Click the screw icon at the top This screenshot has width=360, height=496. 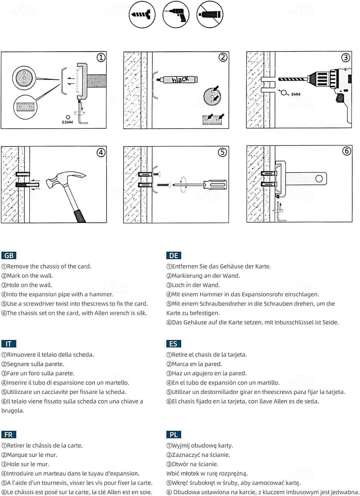point(142,15)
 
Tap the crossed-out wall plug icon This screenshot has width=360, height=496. point(210,15)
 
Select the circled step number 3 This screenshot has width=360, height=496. point(345,58)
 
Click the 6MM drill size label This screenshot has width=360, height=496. point(296,94)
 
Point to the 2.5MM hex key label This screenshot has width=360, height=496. point(67,122)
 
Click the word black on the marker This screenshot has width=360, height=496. point(180,79)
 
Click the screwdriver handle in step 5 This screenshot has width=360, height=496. point(215,185)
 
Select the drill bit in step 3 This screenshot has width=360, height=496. point(293,79)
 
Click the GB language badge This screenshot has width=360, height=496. point(9,256)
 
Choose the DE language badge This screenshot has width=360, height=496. point(174,256)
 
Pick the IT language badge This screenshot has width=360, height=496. point(9,344)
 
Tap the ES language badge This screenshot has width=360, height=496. point(173,344)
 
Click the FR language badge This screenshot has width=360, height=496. point(9,435)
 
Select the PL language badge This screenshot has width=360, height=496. point(174,435)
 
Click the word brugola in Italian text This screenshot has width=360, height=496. point(13,411)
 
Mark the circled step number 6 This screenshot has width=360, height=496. point(346,151)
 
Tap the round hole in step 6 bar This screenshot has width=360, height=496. point(319,179)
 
